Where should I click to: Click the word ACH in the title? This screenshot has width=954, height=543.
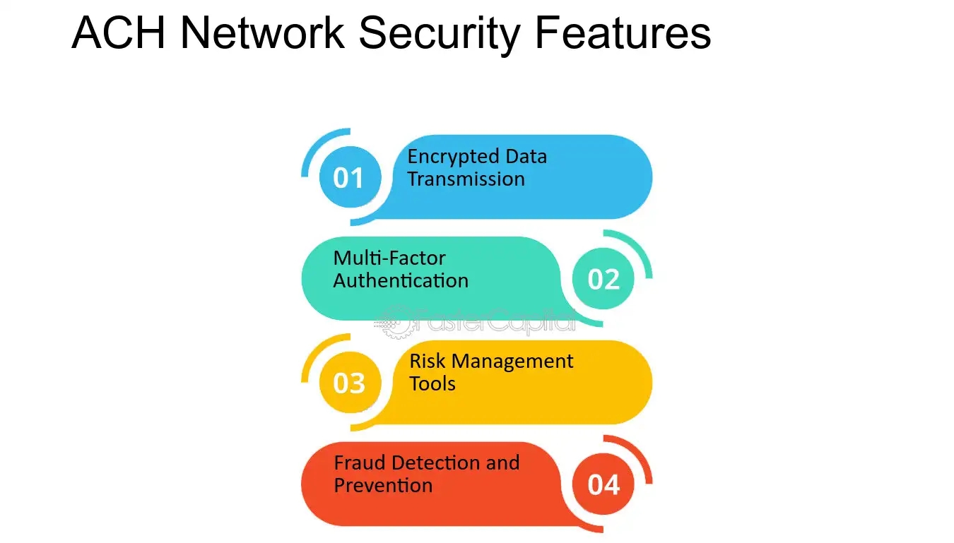point(119,32)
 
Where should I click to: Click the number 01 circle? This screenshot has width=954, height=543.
point(349,178)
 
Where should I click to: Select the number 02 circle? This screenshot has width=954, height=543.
point(603,280)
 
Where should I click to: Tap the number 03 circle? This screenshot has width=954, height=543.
point(349,383)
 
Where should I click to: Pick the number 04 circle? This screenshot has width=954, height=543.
point(603,485)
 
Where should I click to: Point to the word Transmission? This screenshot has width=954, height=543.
point(466,179)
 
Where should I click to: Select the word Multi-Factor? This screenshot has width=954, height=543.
point(389,258)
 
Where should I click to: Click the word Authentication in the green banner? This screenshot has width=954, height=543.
point(401,280)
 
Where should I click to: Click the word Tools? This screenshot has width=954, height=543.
point(432,383)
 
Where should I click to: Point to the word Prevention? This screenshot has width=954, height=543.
point(383,486)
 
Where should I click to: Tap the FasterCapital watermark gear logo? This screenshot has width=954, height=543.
point(393,322)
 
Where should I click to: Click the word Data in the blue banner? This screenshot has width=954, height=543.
point(528,156)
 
